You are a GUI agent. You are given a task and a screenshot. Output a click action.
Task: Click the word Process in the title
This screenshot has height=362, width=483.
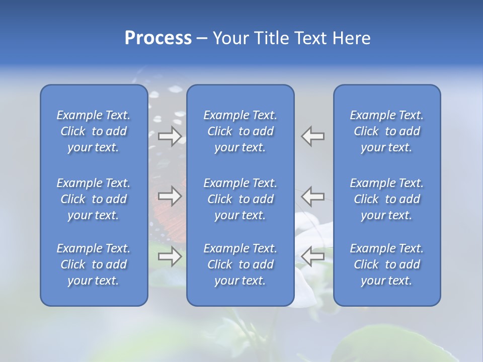158,38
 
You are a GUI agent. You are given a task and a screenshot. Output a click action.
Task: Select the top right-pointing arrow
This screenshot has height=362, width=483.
170,136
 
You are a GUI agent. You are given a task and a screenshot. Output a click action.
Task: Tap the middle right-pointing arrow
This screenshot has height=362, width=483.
170,196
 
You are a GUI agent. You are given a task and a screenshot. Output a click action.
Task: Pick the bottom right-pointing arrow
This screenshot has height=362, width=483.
170,257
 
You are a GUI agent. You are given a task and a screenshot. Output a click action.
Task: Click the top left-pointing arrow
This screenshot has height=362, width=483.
312,136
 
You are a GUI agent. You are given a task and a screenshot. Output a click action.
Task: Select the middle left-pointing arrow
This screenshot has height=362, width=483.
312,196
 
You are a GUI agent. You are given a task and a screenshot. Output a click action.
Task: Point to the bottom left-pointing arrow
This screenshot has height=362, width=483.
312,257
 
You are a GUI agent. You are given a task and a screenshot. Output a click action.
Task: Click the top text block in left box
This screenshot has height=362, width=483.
94,131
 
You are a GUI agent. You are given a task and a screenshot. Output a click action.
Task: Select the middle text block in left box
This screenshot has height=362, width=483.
94,199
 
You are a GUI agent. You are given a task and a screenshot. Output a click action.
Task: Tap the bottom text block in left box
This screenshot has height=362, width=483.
94,264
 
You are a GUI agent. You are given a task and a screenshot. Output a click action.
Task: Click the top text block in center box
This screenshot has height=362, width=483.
240,131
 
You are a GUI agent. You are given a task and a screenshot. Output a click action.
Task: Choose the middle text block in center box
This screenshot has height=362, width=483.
240,199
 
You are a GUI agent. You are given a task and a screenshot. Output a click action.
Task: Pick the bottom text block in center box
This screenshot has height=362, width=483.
240,264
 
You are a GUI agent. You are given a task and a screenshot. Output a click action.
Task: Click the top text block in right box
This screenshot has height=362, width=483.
386,131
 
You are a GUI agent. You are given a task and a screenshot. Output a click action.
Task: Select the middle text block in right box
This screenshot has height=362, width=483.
386,199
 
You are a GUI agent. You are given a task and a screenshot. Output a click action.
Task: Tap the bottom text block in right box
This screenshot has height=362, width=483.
386,264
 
